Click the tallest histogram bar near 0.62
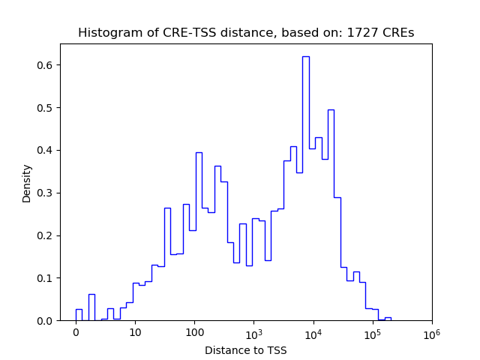tap(306, 187)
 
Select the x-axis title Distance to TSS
tap(246, 349)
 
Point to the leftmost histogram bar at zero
tap(79, 315)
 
